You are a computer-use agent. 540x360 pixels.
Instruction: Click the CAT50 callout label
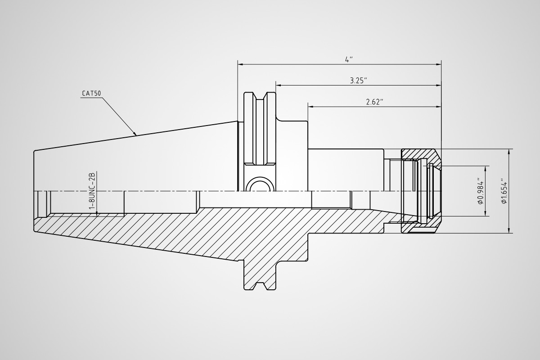[x=91, y=93]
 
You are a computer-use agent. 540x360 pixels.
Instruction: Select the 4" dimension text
[x=349, y=59]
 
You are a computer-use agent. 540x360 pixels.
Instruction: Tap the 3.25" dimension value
[x=359, y=81]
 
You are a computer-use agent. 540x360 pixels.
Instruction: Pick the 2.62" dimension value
[x=374, y=102]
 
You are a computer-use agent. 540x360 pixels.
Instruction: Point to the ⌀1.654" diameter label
[x=504, y=191]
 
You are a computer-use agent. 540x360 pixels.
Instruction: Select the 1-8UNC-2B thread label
[x=93, y=190]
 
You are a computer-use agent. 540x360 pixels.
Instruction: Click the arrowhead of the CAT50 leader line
[x=135, y=133]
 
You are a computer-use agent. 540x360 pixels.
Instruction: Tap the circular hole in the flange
[x=259, y=187]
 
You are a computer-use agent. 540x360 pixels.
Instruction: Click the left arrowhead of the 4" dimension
[x=240, y=64]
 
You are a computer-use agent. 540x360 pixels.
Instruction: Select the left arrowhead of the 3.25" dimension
[x=279, y=85]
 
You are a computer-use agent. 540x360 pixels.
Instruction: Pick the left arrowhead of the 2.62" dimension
[x=310, y=106]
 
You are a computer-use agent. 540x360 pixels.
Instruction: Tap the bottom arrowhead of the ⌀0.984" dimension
[x=485, y=213]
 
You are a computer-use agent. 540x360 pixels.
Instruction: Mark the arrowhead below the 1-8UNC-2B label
[x=97, y=214]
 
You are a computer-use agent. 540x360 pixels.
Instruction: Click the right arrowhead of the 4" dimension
[x=438, y=64]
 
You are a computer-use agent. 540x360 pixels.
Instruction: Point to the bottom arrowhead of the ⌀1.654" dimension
[x=509, y=230]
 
